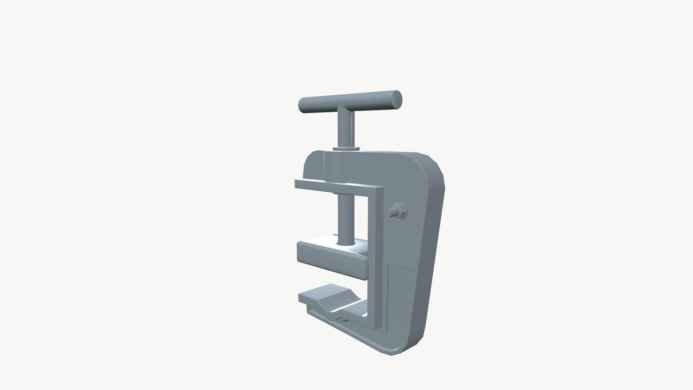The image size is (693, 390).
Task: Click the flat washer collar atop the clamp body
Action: (x=346, y=148)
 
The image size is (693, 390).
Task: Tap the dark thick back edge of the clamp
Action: (x=433, y=253)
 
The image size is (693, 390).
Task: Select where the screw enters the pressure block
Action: (x=346, y=244)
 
